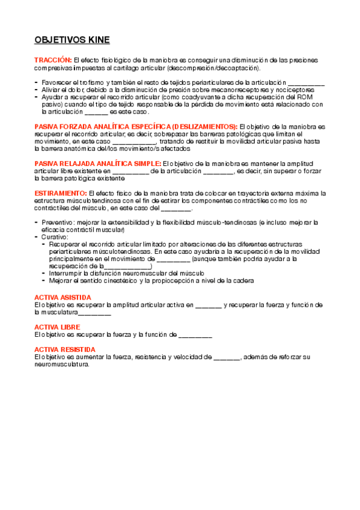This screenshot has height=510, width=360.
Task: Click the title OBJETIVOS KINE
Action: [72, 40]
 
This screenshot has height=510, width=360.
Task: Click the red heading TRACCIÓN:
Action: [53, 61]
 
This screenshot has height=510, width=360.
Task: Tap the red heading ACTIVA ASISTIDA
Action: [63, 297]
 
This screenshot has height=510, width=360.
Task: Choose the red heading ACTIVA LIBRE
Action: [57, 327]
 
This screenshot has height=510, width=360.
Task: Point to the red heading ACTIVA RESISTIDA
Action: [64, 349]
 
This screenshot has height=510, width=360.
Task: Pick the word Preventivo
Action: [58, 223]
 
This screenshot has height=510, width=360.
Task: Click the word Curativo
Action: [54, 237]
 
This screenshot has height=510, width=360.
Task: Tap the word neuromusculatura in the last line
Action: [62, 364]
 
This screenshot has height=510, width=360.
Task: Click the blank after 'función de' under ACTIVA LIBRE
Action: [195, 334]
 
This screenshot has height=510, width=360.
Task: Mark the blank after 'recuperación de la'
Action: [127, 266]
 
